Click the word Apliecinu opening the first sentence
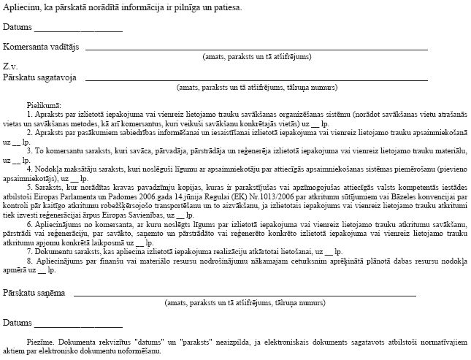coord(19,8)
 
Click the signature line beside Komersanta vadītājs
coord(256,49)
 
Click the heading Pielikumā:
coord(43,106)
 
